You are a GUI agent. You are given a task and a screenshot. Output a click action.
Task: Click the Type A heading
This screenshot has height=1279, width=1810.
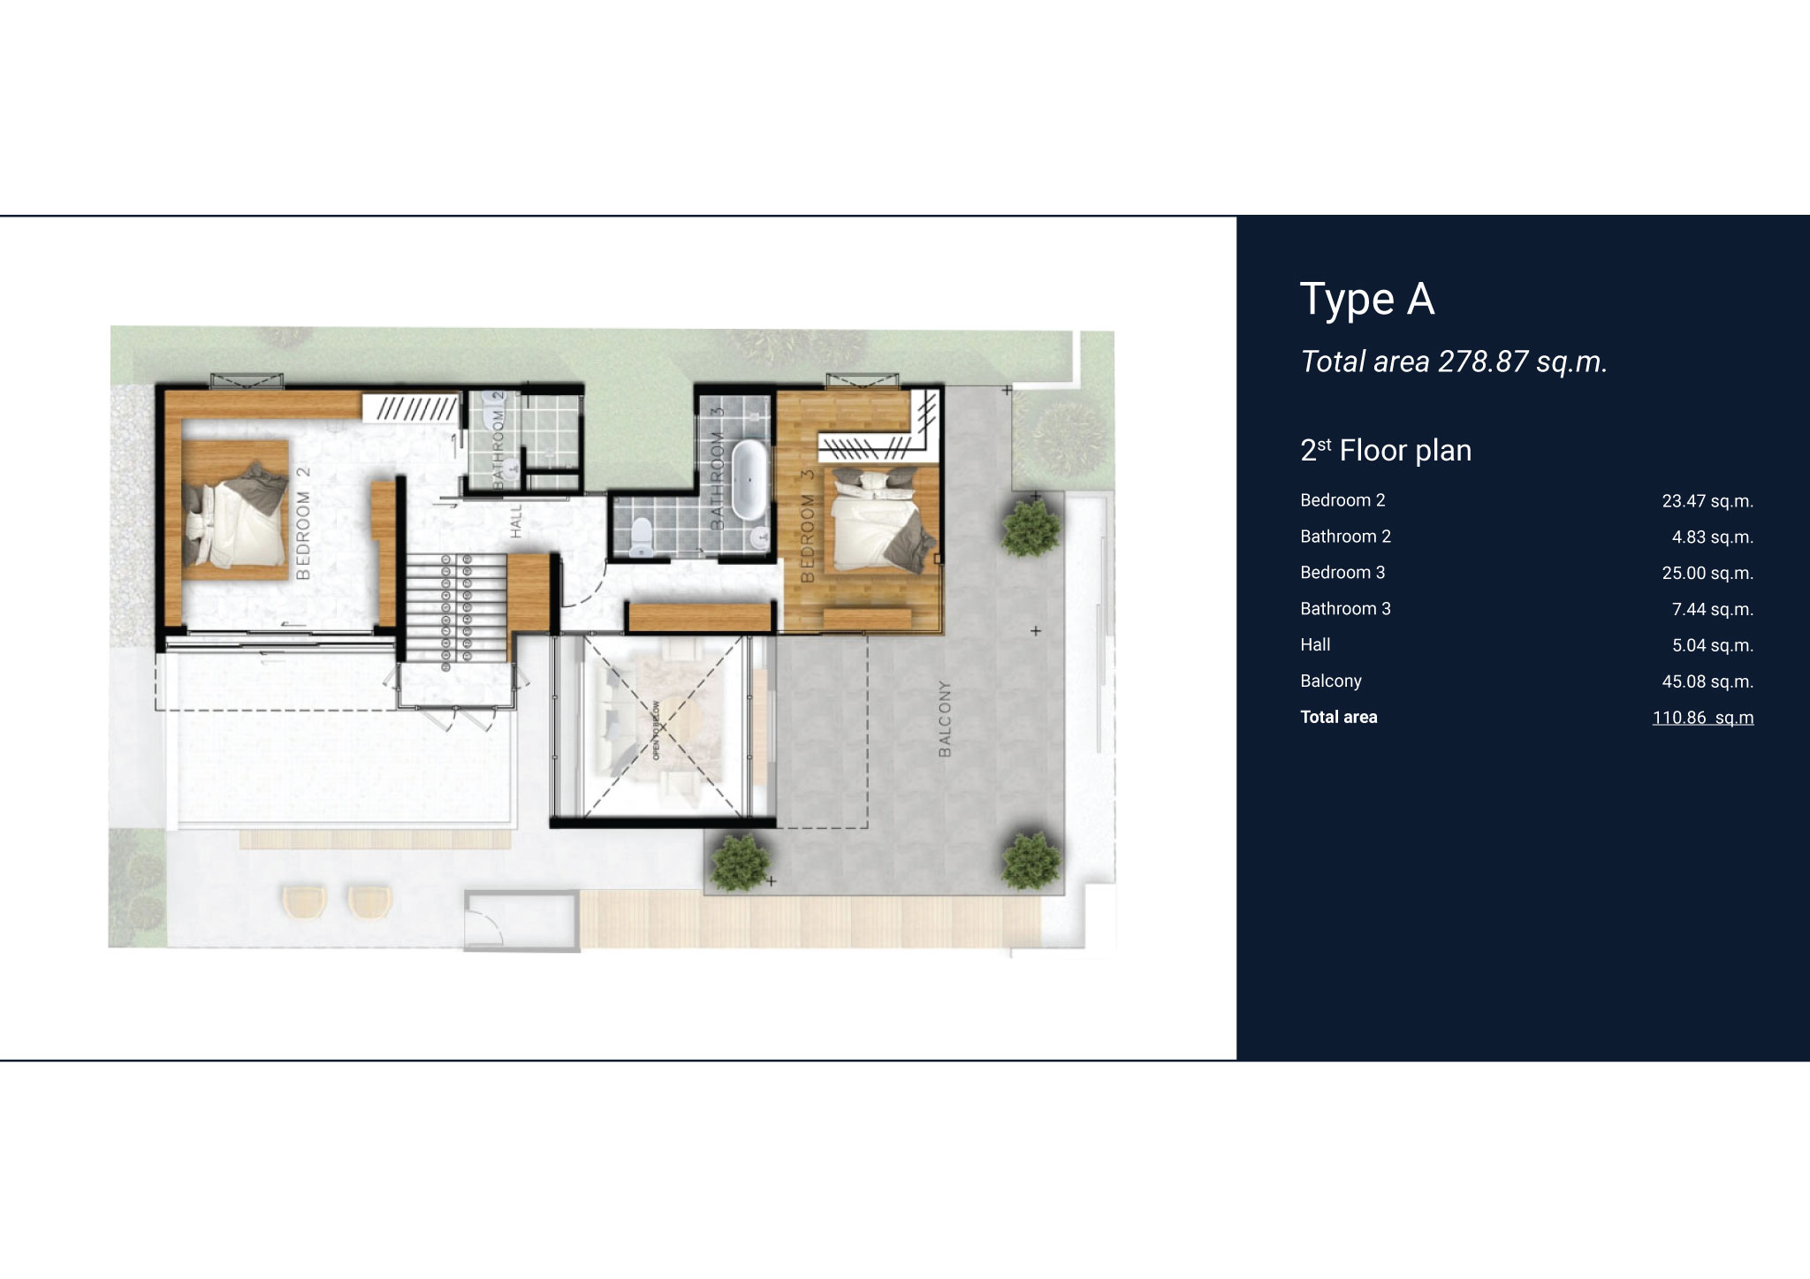click(x=1367, y=300)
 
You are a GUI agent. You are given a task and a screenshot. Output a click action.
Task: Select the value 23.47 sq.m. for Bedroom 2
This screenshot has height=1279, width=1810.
click(x=1707, y=502)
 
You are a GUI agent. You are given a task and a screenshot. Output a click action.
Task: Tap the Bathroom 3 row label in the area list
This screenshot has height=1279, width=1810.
click(x=1345, y=609)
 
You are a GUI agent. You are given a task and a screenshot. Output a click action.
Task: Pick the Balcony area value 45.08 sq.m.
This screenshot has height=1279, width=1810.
click(x=1707, y=682)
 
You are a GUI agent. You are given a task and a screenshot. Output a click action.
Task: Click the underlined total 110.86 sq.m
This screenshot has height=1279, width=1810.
click(x=1703, y=718)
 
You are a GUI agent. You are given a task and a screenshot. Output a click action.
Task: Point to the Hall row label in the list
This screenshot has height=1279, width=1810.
click(x=1315, y=645)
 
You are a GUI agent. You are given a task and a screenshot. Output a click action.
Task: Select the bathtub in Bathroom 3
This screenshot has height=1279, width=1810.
click(x=749, y=481)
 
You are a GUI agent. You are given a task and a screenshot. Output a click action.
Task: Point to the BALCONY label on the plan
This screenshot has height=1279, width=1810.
click(x=945, y=719)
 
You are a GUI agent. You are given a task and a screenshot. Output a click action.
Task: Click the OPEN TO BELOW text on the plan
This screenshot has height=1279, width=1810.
click(x=656, y=730)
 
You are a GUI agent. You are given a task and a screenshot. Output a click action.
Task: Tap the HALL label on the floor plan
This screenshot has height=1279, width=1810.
click(x=516, y=521)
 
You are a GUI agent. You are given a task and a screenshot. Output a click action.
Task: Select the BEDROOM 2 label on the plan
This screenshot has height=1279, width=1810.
click(x=303, y=523)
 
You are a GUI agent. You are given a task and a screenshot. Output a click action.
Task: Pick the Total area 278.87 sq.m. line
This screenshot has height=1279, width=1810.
click(x=1454, y=362)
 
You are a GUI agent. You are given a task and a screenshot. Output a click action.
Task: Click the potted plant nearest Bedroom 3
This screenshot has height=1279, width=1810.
click(x=1030, y=526)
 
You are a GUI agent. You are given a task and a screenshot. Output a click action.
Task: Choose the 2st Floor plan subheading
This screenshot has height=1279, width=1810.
click(x=1386, y=451)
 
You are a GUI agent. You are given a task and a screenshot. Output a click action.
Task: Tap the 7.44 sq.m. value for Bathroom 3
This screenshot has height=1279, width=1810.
click(x=1713, y=610)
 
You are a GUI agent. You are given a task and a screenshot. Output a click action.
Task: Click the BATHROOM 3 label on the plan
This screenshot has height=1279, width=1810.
click(x=718, y=468)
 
